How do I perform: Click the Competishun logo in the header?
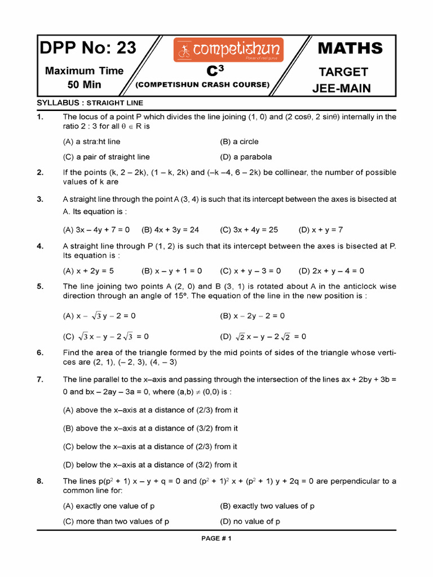(228, 50)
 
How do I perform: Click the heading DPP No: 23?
(88, 48)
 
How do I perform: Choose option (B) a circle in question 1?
(239, 141)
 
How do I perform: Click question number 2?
(40, 172)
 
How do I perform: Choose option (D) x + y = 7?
(321, 229)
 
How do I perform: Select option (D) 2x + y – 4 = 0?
(331, 270)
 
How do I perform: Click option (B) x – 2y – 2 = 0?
(252, 316)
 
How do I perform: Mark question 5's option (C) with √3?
(105, 336)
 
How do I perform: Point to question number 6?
(40, 353)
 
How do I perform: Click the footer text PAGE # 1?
(216, 538)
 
